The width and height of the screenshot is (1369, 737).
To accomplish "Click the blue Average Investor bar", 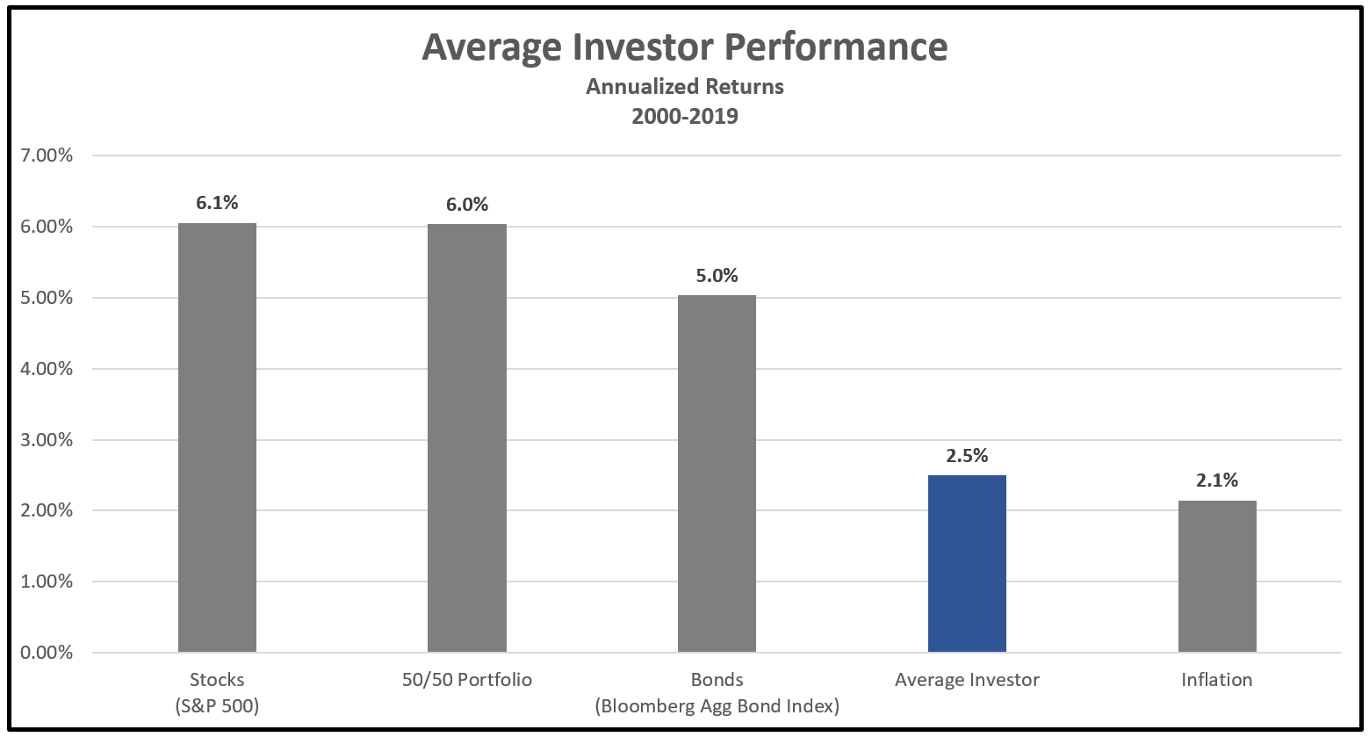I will (x=967, y=563).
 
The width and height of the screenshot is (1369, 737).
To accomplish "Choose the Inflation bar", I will (x=1217, y=576).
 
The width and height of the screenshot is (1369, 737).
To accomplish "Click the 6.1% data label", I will (x=217, y=203).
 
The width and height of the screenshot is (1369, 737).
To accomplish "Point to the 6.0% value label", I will (x=467, y=205).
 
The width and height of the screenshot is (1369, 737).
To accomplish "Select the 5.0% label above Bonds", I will (x=717, y=276).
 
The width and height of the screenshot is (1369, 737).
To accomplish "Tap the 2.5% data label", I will (x=967, y=456).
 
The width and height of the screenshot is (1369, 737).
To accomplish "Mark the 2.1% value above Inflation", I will (x=1217, y=480).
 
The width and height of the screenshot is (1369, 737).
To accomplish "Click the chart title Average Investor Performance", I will (x=684, y=47).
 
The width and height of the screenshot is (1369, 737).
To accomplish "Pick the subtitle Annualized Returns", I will (x=684, y=87).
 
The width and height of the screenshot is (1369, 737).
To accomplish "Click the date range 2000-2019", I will (x=684, y=116).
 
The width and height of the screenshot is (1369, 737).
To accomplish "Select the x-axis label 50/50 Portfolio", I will (x=467, y=680).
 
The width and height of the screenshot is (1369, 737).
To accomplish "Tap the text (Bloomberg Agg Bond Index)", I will (x=717, y=706).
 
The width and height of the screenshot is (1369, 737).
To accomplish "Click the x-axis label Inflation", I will (x=1217, y=680).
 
